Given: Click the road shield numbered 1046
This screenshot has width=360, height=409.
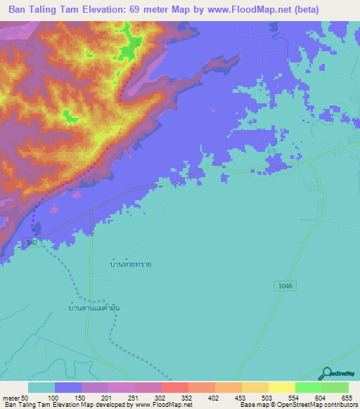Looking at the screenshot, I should pyautogui.click(x=283, y=285).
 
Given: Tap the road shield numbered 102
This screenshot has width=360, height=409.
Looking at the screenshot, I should pyautogui.click(x=31, y=242).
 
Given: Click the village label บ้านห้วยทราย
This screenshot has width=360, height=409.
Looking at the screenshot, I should pyautogui.click(x=127, y=264).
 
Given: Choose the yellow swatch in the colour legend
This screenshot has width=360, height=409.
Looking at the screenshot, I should pyautogui.click(x=281, y=387).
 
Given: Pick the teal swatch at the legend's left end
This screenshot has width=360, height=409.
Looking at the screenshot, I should pyautogui.click(x=41, y=387).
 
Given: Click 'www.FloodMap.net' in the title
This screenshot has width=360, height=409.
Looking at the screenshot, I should pyautogui.click(x=233, y=10).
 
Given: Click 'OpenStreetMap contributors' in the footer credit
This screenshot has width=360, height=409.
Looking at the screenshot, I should pyautogui.click(x=318, y=405).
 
